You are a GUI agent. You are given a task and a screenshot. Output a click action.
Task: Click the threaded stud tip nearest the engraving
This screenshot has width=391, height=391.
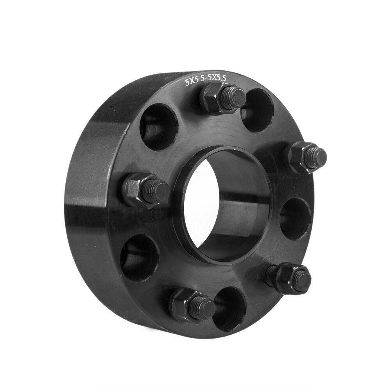click(235, 96)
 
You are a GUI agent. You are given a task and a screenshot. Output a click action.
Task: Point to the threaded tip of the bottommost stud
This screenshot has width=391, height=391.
click(204, 308)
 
